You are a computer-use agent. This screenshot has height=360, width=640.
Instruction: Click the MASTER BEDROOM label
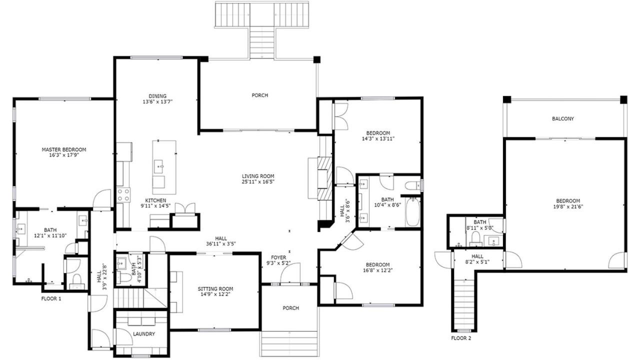coord(64,149)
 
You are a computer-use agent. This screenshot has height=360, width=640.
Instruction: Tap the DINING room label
coord(157,96)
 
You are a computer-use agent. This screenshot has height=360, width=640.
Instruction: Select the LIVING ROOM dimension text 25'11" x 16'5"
coord(258,181)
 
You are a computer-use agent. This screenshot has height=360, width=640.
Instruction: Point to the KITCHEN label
coord(155,200)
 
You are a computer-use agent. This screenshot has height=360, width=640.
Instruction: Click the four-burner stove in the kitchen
coord(123,195)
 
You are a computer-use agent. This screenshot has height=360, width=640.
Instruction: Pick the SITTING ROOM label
coord(215,289)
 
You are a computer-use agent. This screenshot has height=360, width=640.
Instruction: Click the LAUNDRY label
coord(144,333)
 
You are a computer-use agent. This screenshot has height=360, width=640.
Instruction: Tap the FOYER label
coord(278,257)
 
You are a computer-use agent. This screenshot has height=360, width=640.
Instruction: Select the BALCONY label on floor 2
coord(563,118)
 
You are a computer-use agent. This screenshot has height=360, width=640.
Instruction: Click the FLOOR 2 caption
coord(461,338)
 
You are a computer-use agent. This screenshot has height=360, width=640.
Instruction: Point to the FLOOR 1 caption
coord(51,299)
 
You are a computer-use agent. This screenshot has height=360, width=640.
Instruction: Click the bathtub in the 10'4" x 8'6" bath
coord(412,211)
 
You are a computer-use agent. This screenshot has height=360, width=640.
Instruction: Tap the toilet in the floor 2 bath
coord(475,239)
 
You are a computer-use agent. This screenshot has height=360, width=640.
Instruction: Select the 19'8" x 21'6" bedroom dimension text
coord(568,206)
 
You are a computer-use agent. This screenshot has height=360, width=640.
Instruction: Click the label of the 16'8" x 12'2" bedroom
coord(378,264)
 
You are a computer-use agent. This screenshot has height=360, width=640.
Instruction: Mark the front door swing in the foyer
coord(290,273)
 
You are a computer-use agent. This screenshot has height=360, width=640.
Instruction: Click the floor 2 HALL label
coord(477,256)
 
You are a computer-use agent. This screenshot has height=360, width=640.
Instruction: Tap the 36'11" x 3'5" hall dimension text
coord(221,243)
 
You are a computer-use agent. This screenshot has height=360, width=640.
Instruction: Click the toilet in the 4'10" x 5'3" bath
coord(123,277)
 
